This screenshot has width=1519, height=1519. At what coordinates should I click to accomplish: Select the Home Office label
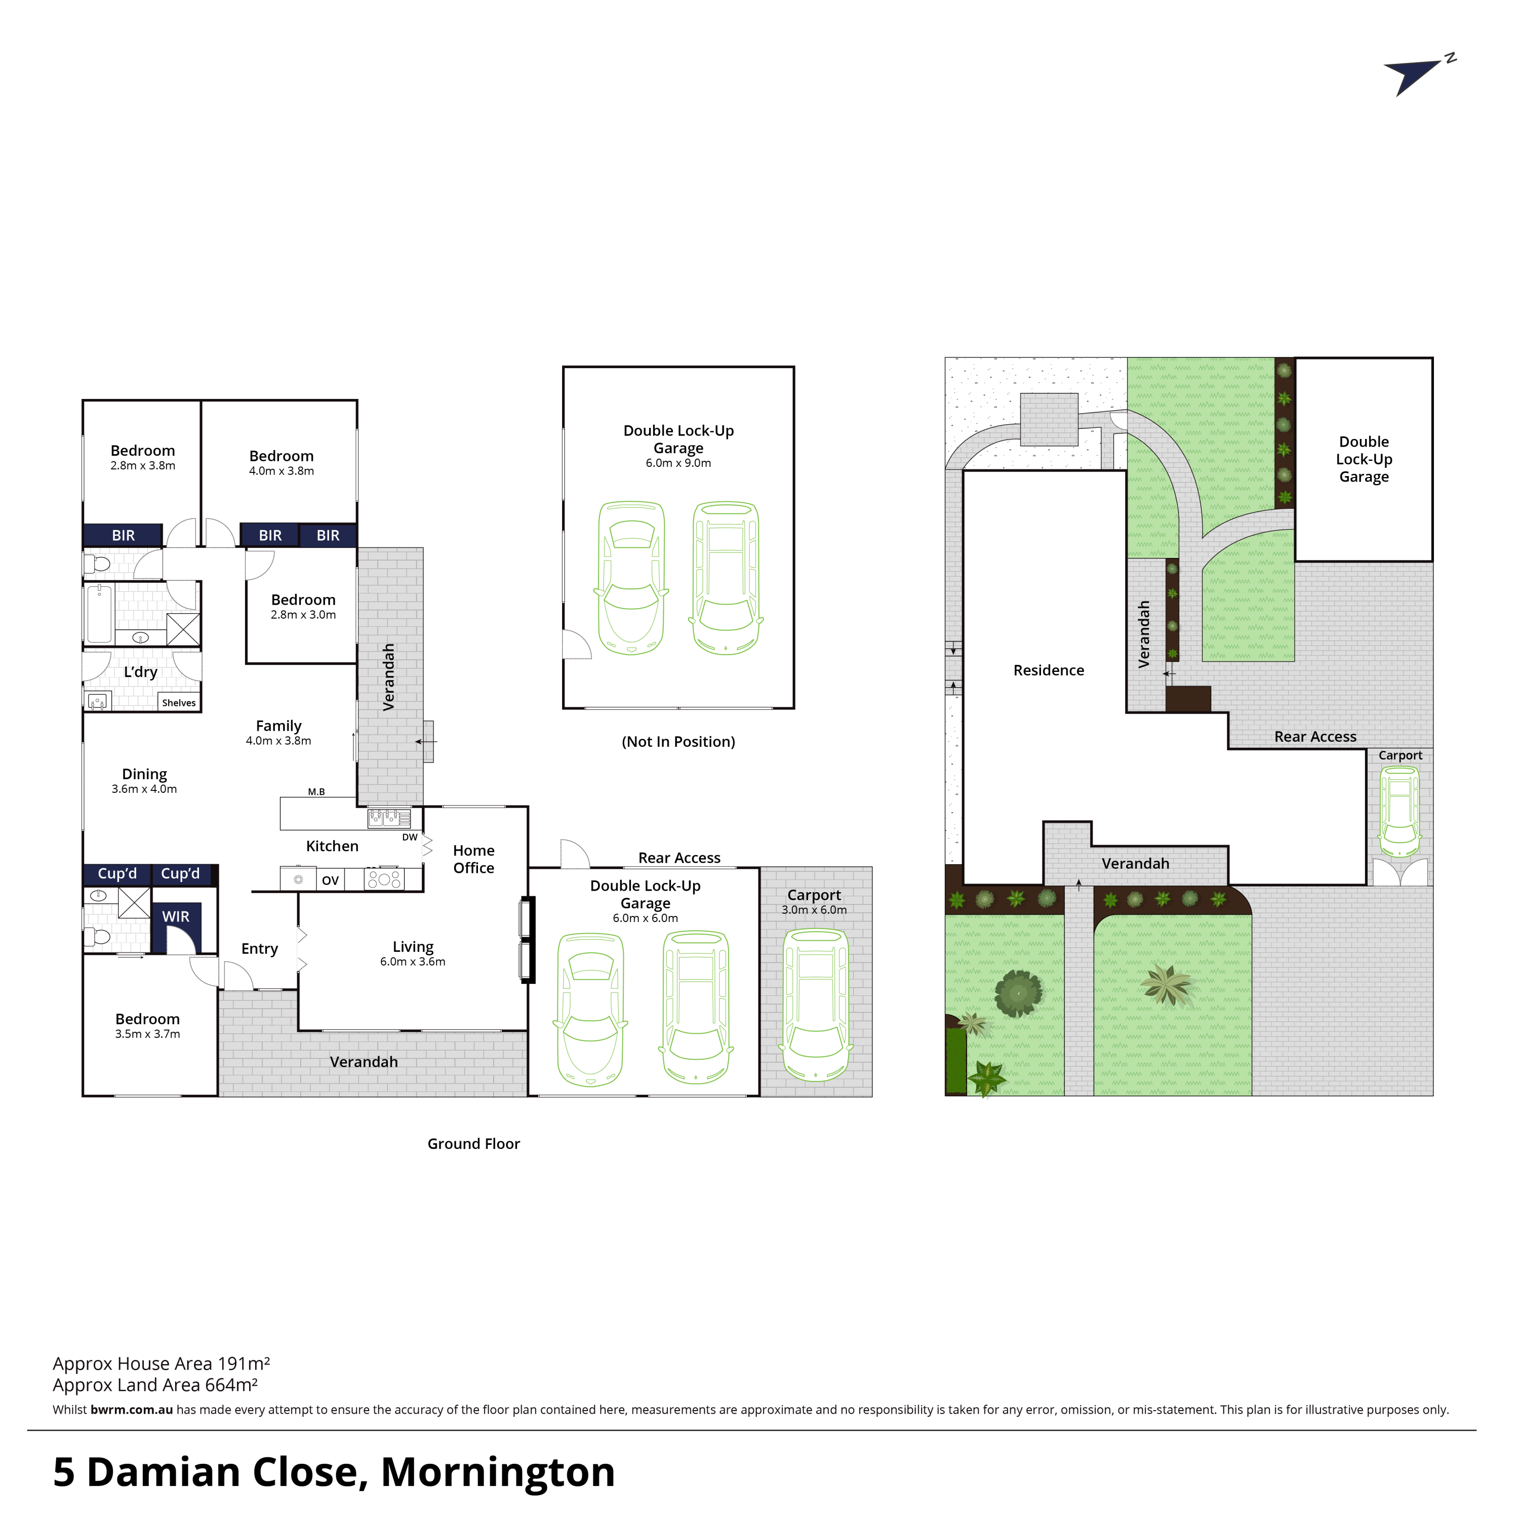pyautogui.click(x=474, y=859)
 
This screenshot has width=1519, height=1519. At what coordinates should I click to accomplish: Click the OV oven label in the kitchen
pyautogui.click(x=330, y=881)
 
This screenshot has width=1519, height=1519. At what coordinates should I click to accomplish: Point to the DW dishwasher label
pyautogui.click(x=410, y=837)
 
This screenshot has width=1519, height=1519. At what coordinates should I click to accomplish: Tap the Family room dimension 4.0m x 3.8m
pyautogui.click(x=278, y=741)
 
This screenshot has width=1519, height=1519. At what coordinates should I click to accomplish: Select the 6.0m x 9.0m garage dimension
pyautogui.click(x=678, y=463)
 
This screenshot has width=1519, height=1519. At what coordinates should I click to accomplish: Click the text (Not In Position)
pyautogui.click(x=678, y=741)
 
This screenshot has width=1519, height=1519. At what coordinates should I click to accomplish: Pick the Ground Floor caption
pyautogui.click(x=473, y=1144)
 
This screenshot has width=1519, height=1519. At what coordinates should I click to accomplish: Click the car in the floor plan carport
pyautogui.click(x=816, y=1005)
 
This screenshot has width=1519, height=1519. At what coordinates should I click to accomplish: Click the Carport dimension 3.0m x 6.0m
pyautogui.click(x=815, y=910)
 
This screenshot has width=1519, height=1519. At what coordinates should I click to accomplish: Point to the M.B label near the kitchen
pyautogui.click(x=316, y=792)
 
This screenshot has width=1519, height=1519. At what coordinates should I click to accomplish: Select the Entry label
pyautogui.click(x=259, y=949)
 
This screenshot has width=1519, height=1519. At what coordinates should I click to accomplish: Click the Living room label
pyautogui.click(x=413, y=947)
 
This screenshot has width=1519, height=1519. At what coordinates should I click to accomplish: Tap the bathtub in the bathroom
pyautogui.click(x=100, y=614)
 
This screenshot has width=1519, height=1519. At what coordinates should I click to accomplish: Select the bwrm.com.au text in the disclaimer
pyautogui.click(x=131, y=1410)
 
